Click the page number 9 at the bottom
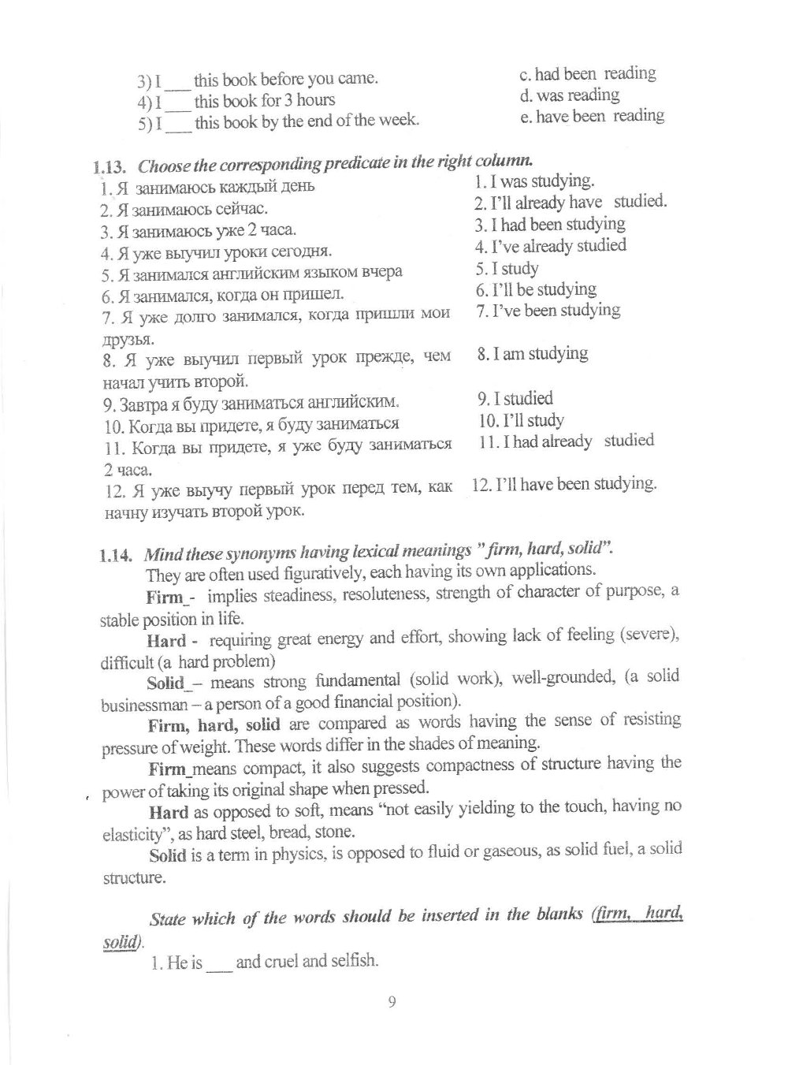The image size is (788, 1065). click(392, 1003)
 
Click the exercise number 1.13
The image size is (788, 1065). click(110, 167)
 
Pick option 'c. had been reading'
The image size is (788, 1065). click(587, 74)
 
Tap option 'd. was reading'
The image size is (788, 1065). click(569, 95)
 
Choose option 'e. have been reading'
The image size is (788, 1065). click(592, 117)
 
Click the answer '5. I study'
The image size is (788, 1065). click(507, 269)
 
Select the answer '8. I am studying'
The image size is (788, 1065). click(532, 354)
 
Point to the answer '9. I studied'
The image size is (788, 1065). click(515, 399)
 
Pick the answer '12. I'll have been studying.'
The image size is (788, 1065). click(564, 484)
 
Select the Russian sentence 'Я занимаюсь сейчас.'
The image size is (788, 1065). click(184, 210)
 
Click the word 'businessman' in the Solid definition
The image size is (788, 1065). click(144, 705)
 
